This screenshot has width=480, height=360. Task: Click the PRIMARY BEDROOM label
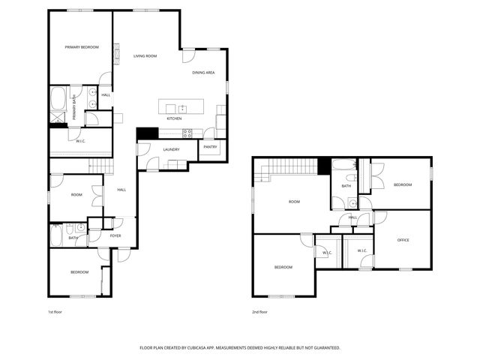pos(81,47)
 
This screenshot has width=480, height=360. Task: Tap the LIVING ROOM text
pos(145,56)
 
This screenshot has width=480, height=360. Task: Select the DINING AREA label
pos(203,73)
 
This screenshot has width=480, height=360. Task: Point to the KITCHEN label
pos(174,118)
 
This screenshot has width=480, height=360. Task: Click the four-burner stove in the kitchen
pos(187,133)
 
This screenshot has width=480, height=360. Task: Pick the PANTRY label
pos(210,147)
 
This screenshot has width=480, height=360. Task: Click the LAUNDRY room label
pos(172,150)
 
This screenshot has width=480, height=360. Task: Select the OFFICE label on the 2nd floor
pos(403,240)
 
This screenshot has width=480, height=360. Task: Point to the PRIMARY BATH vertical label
pos(74,109)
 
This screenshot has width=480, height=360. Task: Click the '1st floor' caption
pos(55,311)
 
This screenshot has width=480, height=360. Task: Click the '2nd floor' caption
pos(259,311)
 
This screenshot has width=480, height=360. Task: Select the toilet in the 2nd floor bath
pos(351,202)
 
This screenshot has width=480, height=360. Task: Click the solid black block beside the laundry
pos(147,133)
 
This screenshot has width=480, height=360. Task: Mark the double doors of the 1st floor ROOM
pos(97,196)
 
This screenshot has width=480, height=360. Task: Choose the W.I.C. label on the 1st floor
pos(80,141)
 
